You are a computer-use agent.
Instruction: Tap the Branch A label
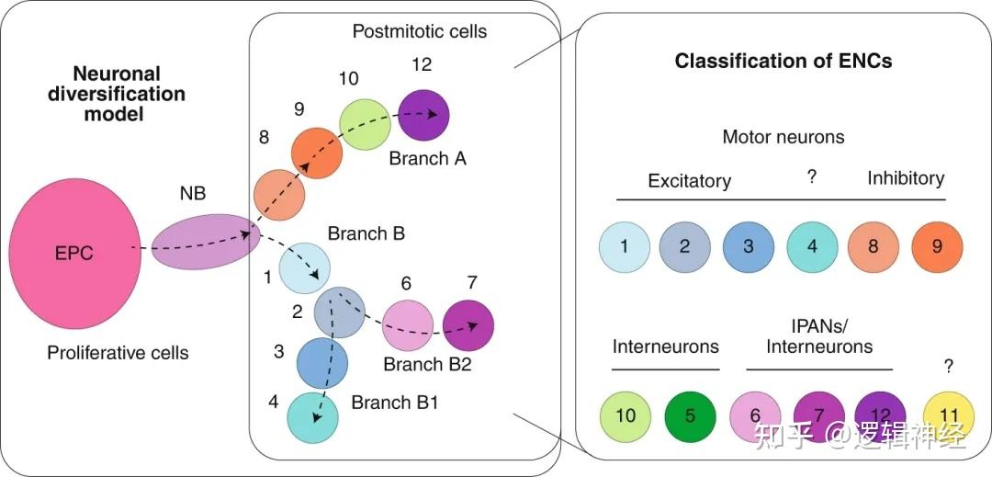(427, 158)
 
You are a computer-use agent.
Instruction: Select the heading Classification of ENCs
(783, 62)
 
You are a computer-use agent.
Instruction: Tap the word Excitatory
(689, 181)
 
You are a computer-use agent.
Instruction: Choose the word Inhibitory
(905, 177)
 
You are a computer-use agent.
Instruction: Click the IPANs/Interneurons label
(819, 336)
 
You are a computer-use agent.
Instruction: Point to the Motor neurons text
(783, 137)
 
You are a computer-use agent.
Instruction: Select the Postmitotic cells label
(420, 32)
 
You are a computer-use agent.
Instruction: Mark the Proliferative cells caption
(118, 352)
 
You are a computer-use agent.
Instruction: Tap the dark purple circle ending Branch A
(424, 115)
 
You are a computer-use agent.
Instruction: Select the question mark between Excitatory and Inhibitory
(812, 177)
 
